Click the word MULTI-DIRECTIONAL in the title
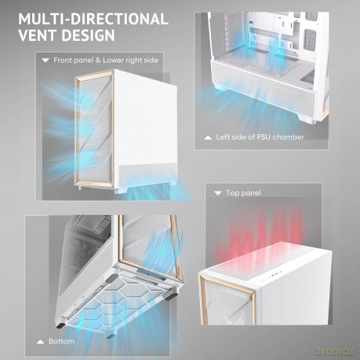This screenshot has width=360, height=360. pyautogui.click(x=93, y=19)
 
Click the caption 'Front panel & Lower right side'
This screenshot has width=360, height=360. pyautogui.click(x=106, y=60)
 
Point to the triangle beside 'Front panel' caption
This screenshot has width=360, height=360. pyautogui.click(x=45, y=60)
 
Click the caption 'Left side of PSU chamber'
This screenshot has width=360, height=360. pyautogui.click(x=260, y=137)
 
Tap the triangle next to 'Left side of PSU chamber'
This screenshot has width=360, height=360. pyautogui.click(x=208, y=137)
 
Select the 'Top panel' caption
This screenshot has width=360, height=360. pyautogui.click(x=243, y=193)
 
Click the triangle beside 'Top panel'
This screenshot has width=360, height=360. pyautogui.click(x=218, y=193)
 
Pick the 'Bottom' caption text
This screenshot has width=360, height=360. pyautogui.click(x=61, y=341)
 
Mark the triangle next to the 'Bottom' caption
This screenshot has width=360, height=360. pyautogui.click(x=40, y=342)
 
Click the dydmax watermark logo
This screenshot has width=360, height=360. pyautogui.click(x=334, y=351)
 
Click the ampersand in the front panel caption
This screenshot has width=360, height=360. pyautogui.click(x=98, y=60)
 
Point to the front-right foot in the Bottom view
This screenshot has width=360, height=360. pyautogui.click(x=171, y=297)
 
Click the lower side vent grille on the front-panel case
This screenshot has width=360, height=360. pyautogui.click(x=147, y=173)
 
